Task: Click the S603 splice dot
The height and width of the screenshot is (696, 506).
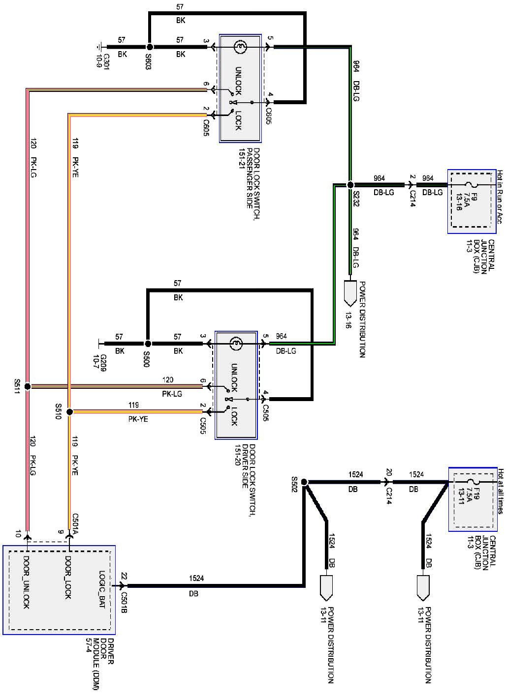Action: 150,47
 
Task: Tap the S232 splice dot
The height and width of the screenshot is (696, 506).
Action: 350,185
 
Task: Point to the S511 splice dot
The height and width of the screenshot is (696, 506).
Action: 28,386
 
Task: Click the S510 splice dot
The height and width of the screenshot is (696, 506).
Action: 70,411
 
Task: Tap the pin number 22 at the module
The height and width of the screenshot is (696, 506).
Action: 124,576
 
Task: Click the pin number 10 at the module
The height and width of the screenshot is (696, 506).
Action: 18,533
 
